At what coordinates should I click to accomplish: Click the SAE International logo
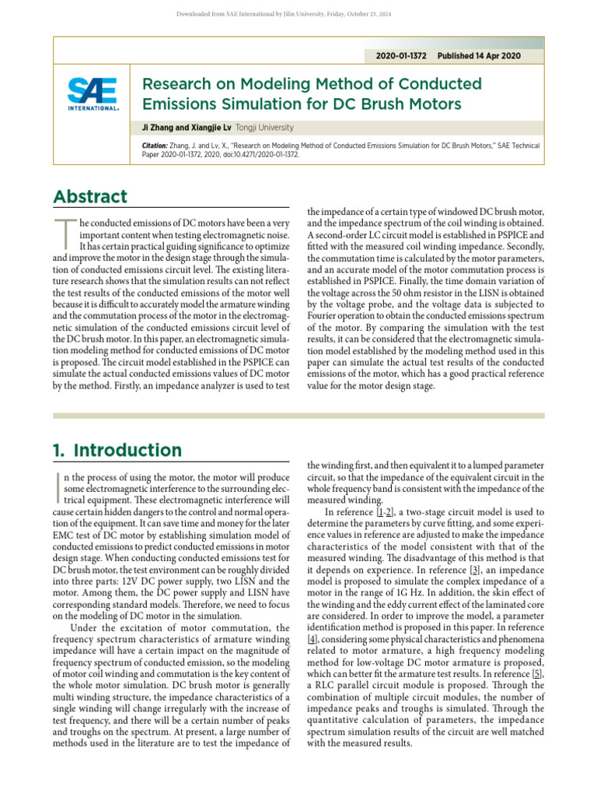tap(93, 93)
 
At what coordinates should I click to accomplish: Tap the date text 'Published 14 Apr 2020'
tap(479, 56)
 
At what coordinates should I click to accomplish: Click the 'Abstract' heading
tap(90, 197)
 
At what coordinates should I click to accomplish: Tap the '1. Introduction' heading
tap(117, 450)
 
